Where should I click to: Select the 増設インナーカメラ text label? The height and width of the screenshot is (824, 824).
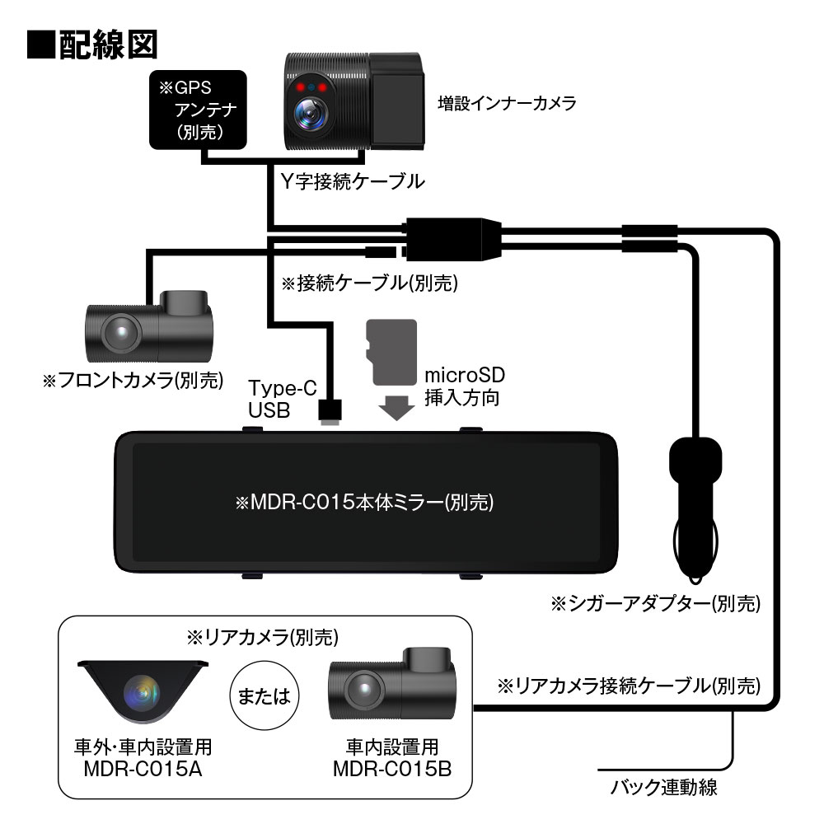click(506, 104)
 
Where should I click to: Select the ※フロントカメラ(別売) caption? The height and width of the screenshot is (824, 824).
click(133, 381)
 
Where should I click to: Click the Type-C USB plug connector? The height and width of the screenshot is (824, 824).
click(330, 412)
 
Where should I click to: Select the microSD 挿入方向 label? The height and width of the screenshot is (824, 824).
click(465, 386)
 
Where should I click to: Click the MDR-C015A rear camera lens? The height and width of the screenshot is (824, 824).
click(141, 693)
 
